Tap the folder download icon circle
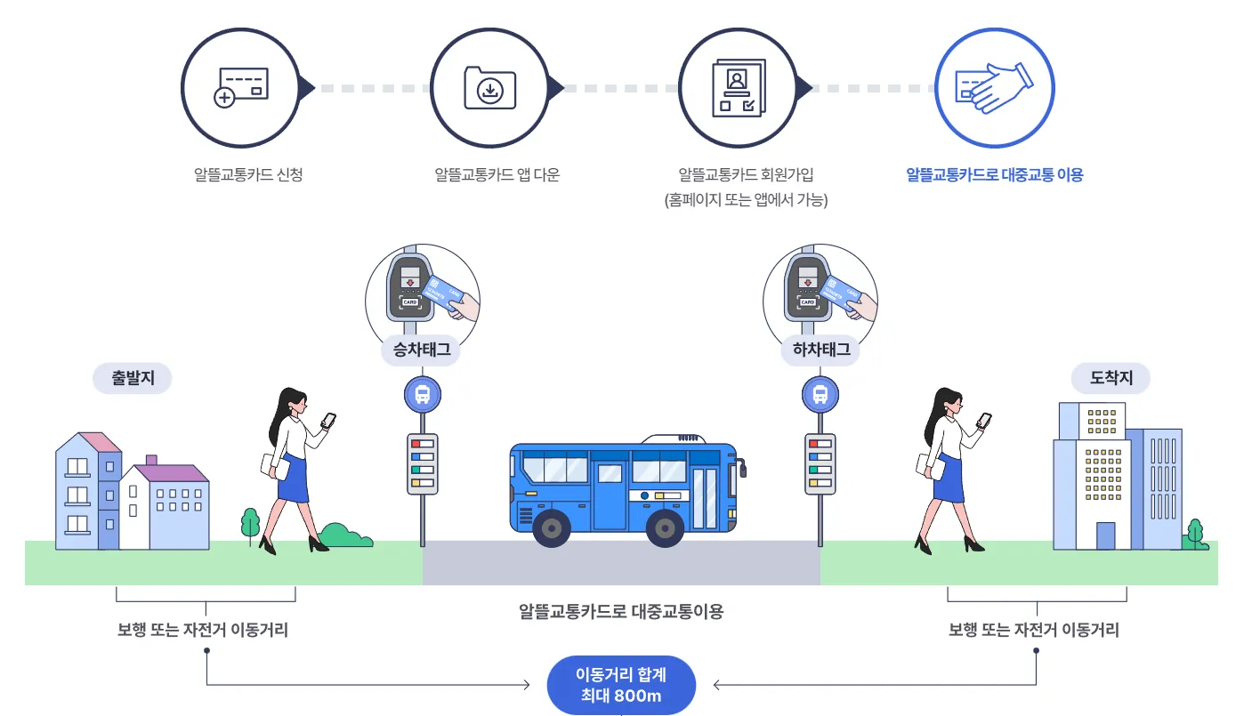click(x=489, y=87)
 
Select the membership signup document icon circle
click(x=738, y=87)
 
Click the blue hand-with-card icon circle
click(x=994, y=87)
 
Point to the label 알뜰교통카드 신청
click(x=248, y=175)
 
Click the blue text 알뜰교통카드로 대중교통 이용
click(x=994, y=175)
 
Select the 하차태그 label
click(x=820, y=350)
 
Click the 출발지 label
click(x=133, y=378)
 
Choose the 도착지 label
click(x=1112, y=378)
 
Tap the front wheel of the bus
click(x=665, y=528)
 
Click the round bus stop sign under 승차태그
click(x=423, y=393)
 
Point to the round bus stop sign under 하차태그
click(x=820, y=393)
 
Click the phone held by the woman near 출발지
click(x=327, y=421)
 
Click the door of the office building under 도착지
click(x=1105, y=535)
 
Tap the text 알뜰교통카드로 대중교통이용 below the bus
click(x=621, y=612)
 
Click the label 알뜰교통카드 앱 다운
click(x=497, y=175)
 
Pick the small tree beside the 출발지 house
click(x=250, y=523)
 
